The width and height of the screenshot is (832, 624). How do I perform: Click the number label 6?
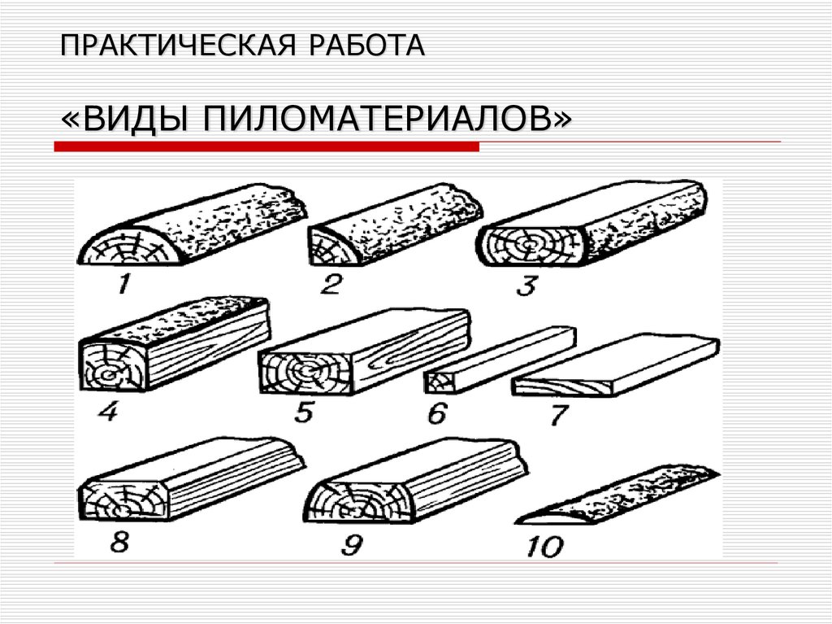coord(436,414)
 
